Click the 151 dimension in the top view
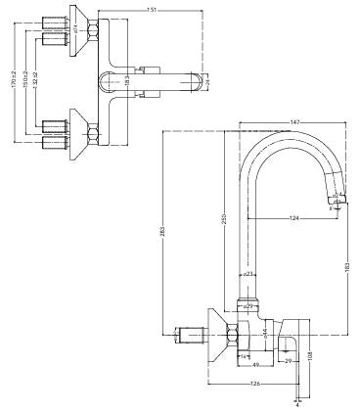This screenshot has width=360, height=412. [x=152, y=11]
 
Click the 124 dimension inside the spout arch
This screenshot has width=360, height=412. [x=293, y=216]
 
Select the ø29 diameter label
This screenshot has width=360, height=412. [x=248, y=307]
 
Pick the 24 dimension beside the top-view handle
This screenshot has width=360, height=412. [x=208, y=81]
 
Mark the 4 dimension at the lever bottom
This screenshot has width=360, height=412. [x=296, y=402]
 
